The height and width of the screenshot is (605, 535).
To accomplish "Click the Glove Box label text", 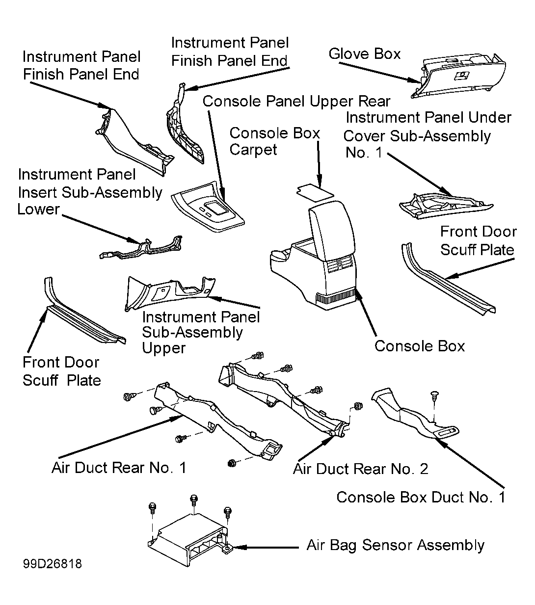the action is pos(364,54).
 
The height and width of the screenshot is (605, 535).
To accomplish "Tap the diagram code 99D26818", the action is pos(53,564).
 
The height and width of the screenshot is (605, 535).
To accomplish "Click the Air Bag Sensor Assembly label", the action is pos(395,545).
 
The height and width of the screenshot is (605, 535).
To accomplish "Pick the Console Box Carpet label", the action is pos(274,141).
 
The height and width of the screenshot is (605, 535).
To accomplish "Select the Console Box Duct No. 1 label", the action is pos(421,497).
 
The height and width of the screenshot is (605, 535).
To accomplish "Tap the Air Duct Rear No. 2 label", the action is pos(361,469).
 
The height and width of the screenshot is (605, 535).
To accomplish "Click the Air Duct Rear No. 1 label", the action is pos(119,468).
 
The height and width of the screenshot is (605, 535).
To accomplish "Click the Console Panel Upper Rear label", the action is pos(296,101).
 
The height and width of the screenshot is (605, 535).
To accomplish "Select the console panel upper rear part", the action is pos(208,207).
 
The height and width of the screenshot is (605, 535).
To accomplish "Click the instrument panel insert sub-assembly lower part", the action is pos(140,247).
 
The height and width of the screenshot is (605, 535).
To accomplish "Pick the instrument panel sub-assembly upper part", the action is pos(170,294).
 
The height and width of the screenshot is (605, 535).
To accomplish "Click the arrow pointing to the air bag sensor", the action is pos(266,548).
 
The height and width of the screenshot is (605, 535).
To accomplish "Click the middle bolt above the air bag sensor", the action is pos(194,500).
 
